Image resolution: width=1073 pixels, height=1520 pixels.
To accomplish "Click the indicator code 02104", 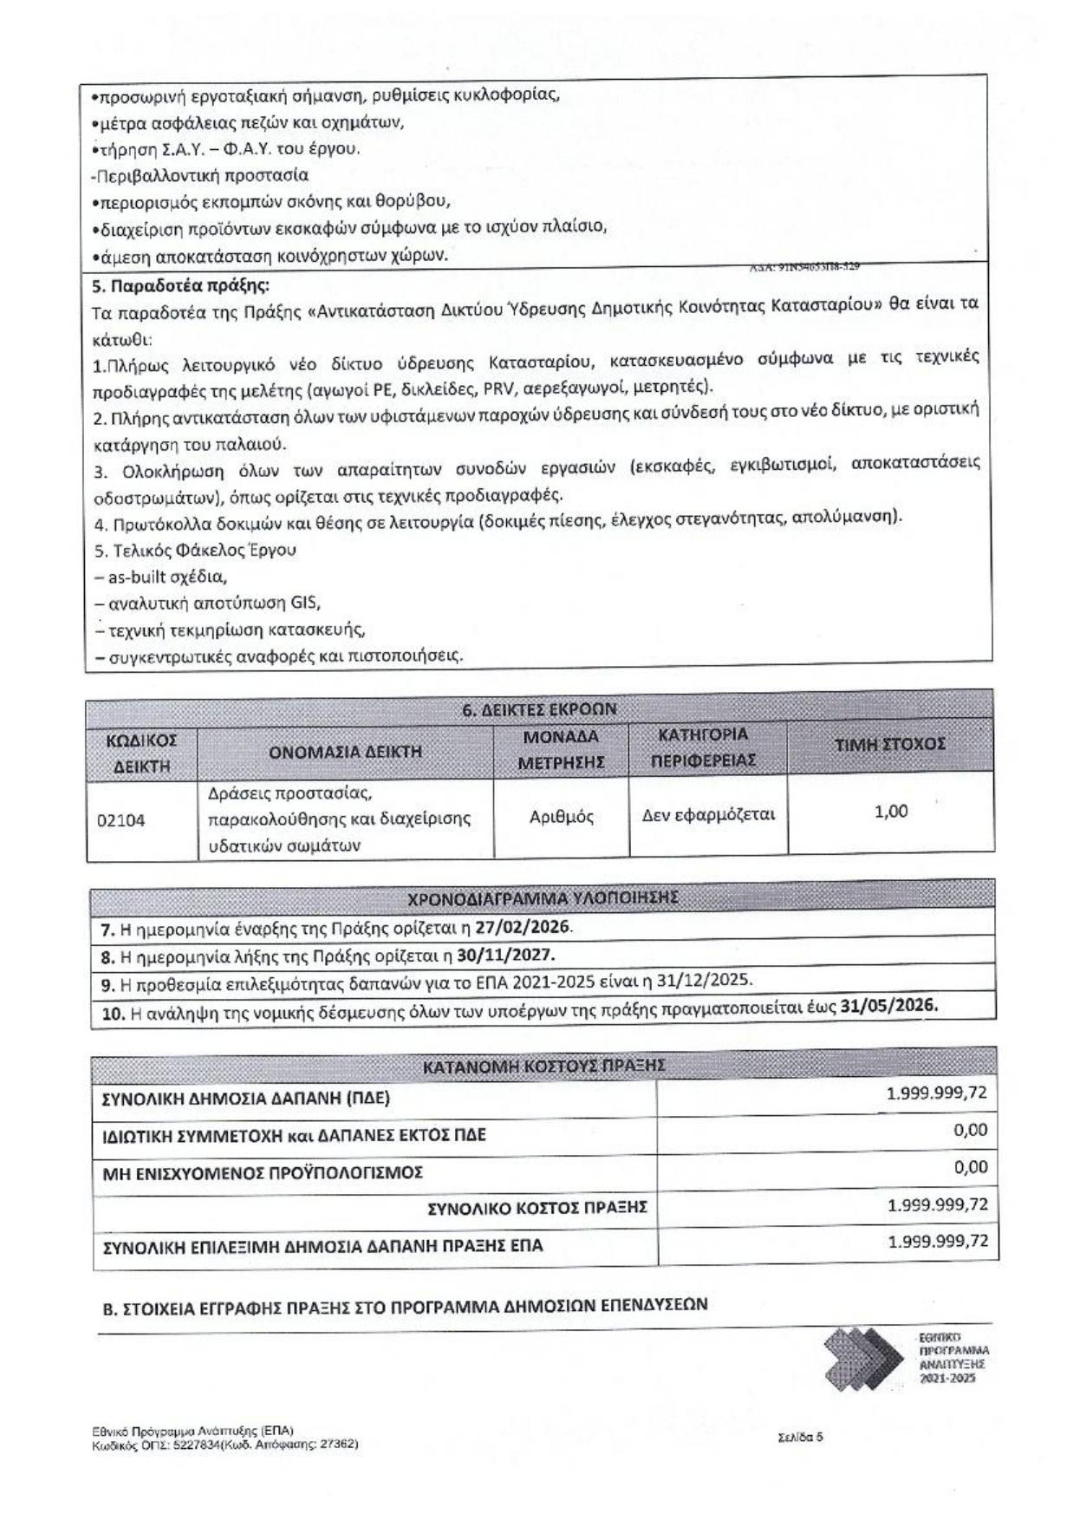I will [x=120, y=819].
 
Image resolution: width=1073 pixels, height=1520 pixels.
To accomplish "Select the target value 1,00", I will [x=891, y=812].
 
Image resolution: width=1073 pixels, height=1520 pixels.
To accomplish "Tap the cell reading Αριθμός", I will [x=561, y=817].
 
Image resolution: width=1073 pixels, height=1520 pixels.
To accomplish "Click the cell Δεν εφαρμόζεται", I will [x=708, y=815].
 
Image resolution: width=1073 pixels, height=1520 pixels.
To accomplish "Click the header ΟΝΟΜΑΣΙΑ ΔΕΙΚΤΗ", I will [x=345, y=752].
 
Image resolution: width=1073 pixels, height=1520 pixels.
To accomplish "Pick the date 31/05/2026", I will [x=888, y=1005].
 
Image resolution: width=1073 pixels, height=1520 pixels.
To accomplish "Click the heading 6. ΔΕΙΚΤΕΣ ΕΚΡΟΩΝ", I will [x=539, y=709].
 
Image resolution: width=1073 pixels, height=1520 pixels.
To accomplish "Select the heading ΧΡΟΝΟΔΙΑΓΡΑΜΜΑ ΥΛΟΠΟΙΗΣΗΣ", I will [x=543, y=898].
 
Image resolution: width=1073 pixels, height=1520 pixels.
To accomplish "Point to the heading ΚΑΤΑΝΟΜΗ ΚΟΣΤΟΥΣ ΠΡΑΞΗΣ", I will [x=543, y=1066].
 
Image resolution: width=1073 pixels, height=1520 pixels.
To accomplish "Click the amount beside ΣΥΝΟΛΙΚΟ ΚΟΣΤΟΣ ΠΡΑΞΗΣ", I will [x=937, y=1205].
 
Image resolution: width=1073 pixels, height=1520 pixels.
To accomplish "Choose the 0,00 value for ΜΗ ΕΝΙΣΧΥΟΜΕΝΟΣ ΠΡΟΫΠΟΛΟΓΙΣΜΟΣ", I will [x=970, y=1167].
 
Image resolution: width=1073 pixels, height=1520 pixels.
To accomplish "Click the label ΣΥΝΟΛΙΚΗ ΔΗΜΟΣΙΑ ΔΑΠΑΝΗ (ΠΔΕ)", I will [x=246, y=1099].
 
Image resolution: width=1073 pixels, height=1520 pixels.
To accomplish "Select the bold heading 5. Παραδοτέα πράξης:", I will [x=180, y=285].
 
